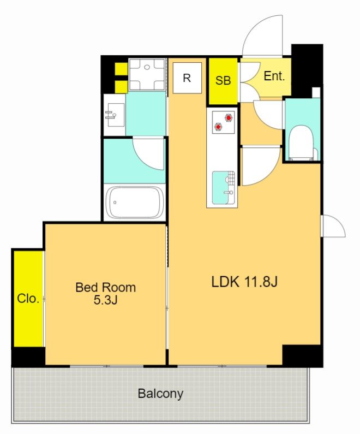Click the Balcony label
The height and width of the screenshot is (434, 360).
point(160,394)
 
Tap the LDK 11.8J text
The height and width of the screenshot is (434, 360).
point(244,282)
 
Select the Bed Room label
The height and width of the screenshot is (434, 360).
point(106,288)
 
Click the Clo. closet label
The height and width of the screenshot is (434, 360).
point(28,299)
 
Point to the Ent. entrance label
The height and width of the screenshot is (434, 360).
point(274,75)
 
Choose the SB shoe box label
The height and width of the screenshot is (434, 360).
point(223,80)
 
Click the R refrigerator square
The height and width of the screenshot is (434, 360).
point(187,78)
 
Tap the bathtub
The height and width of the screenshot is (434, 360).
point(135,203)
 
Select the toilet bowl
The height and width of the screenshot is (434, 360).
point(301,142)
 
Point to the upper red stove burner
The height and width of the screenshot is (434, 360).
point(229,118)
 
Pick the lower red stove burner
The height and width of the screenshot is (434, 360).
point(219,127)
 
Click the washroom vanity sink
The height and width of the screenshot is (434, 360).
point(116,115)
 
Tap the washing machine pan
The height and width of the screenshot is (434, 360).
point(147,74)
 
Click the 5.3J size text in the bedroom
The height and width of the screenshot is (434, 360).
point(106,300)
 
